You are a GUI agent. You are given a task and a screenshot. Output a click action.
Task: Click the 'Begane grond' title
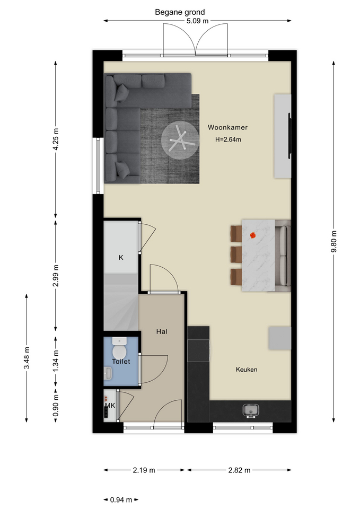[x=180, y=12]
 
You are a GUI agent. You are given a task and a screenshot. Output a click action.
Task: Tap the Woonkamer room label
[x=227, y=127]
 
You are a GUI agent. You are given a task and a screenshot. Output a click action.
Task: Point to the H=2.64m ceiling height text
[x=228, y=139]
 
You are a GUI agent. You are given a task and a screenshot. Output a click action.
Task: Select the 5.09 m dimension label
[x=197, y=21]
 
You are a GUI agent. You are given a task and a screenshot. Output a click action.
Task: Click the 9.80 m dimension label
[x=334, y=241]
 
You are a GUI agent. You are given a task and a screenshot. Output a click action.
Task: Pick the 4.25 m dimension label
[x=56, y=139]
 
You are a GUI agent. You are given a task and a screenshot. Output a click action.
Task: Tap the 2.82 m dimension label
[x=239, y=470]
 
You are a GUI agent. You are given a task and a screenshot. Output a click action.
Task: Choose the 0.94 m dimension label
[x=121, y=499]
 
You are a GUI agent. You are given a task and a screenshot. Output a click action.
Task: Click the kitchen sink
[x=251, y=410]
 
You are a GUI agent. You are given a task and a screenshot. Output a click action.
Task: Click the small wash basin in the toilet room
[x=108, y=373]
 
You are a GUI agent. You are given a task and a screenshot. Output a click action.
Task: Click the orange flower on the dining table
[x=253, y=235]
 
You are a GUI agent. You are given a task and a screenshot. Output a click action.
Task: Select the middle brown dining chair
[x=236, y=254]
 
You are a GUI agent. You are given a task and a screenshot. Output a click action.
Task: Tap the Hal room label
[x=162, y=331]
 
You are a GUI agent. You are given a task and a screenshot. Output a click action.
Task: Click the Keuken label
[x=247, y=370]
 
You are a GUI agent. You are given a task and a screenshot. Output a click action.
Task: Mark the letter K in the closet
[x=121, y=258]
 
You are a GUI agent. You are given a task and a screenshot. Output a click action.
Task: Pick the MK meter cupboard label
[x=110, y=406]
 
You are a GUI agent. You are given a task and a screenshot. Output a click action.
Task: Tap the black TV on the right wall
[x=289, y=136]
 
